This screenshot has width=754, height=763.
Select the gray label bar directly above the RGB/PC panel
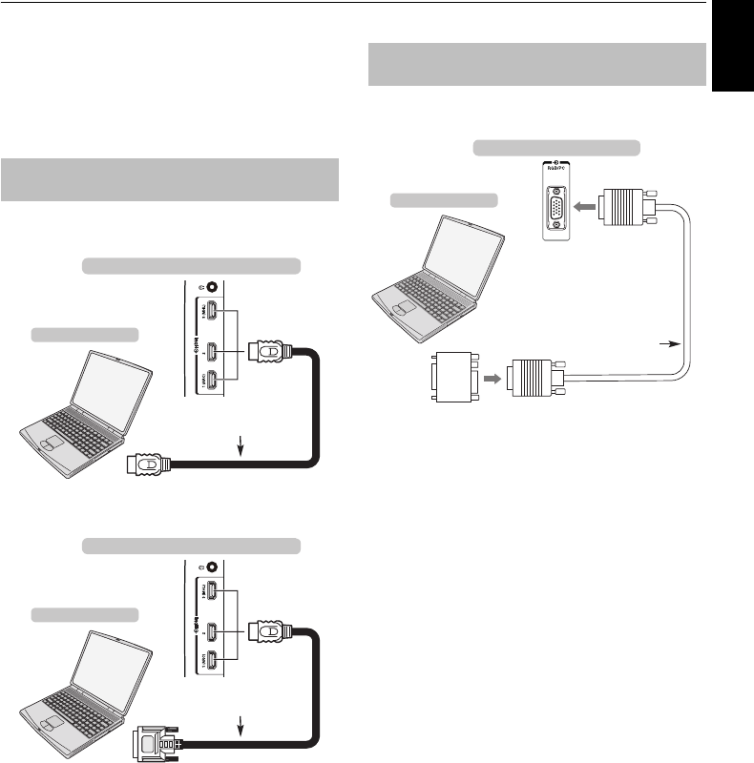556,147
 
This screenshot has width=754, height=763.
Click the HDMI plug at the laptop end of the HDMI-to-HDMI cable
151,465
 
